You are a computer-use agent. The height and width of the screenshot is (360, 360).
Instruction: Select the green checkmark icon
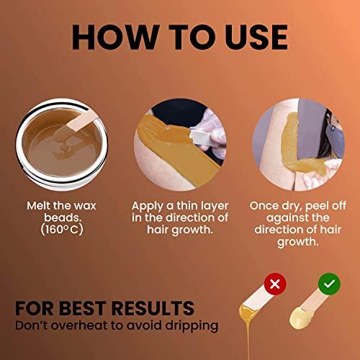[328, 284]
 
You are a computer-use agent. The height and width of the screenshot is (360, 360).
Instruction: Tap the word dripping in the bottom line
[191, 325]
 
